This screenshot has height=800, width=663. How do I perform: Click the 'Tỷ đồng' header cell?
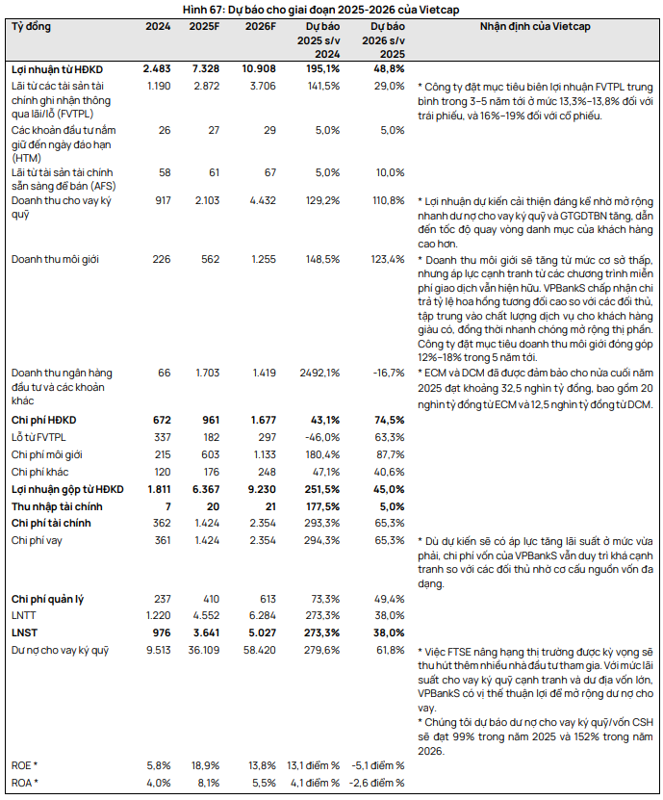point(31,26)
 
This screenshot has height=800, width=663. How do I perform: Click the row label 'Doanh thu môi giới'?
point(55,259)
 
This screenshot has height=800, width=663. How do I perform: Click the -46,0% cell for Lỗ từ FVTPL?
point(322,437)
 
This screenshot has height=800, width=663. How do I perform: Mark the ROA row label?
point(24,783)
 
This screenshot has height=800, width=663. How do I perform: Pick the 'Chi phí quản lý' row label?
point(47,599)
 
